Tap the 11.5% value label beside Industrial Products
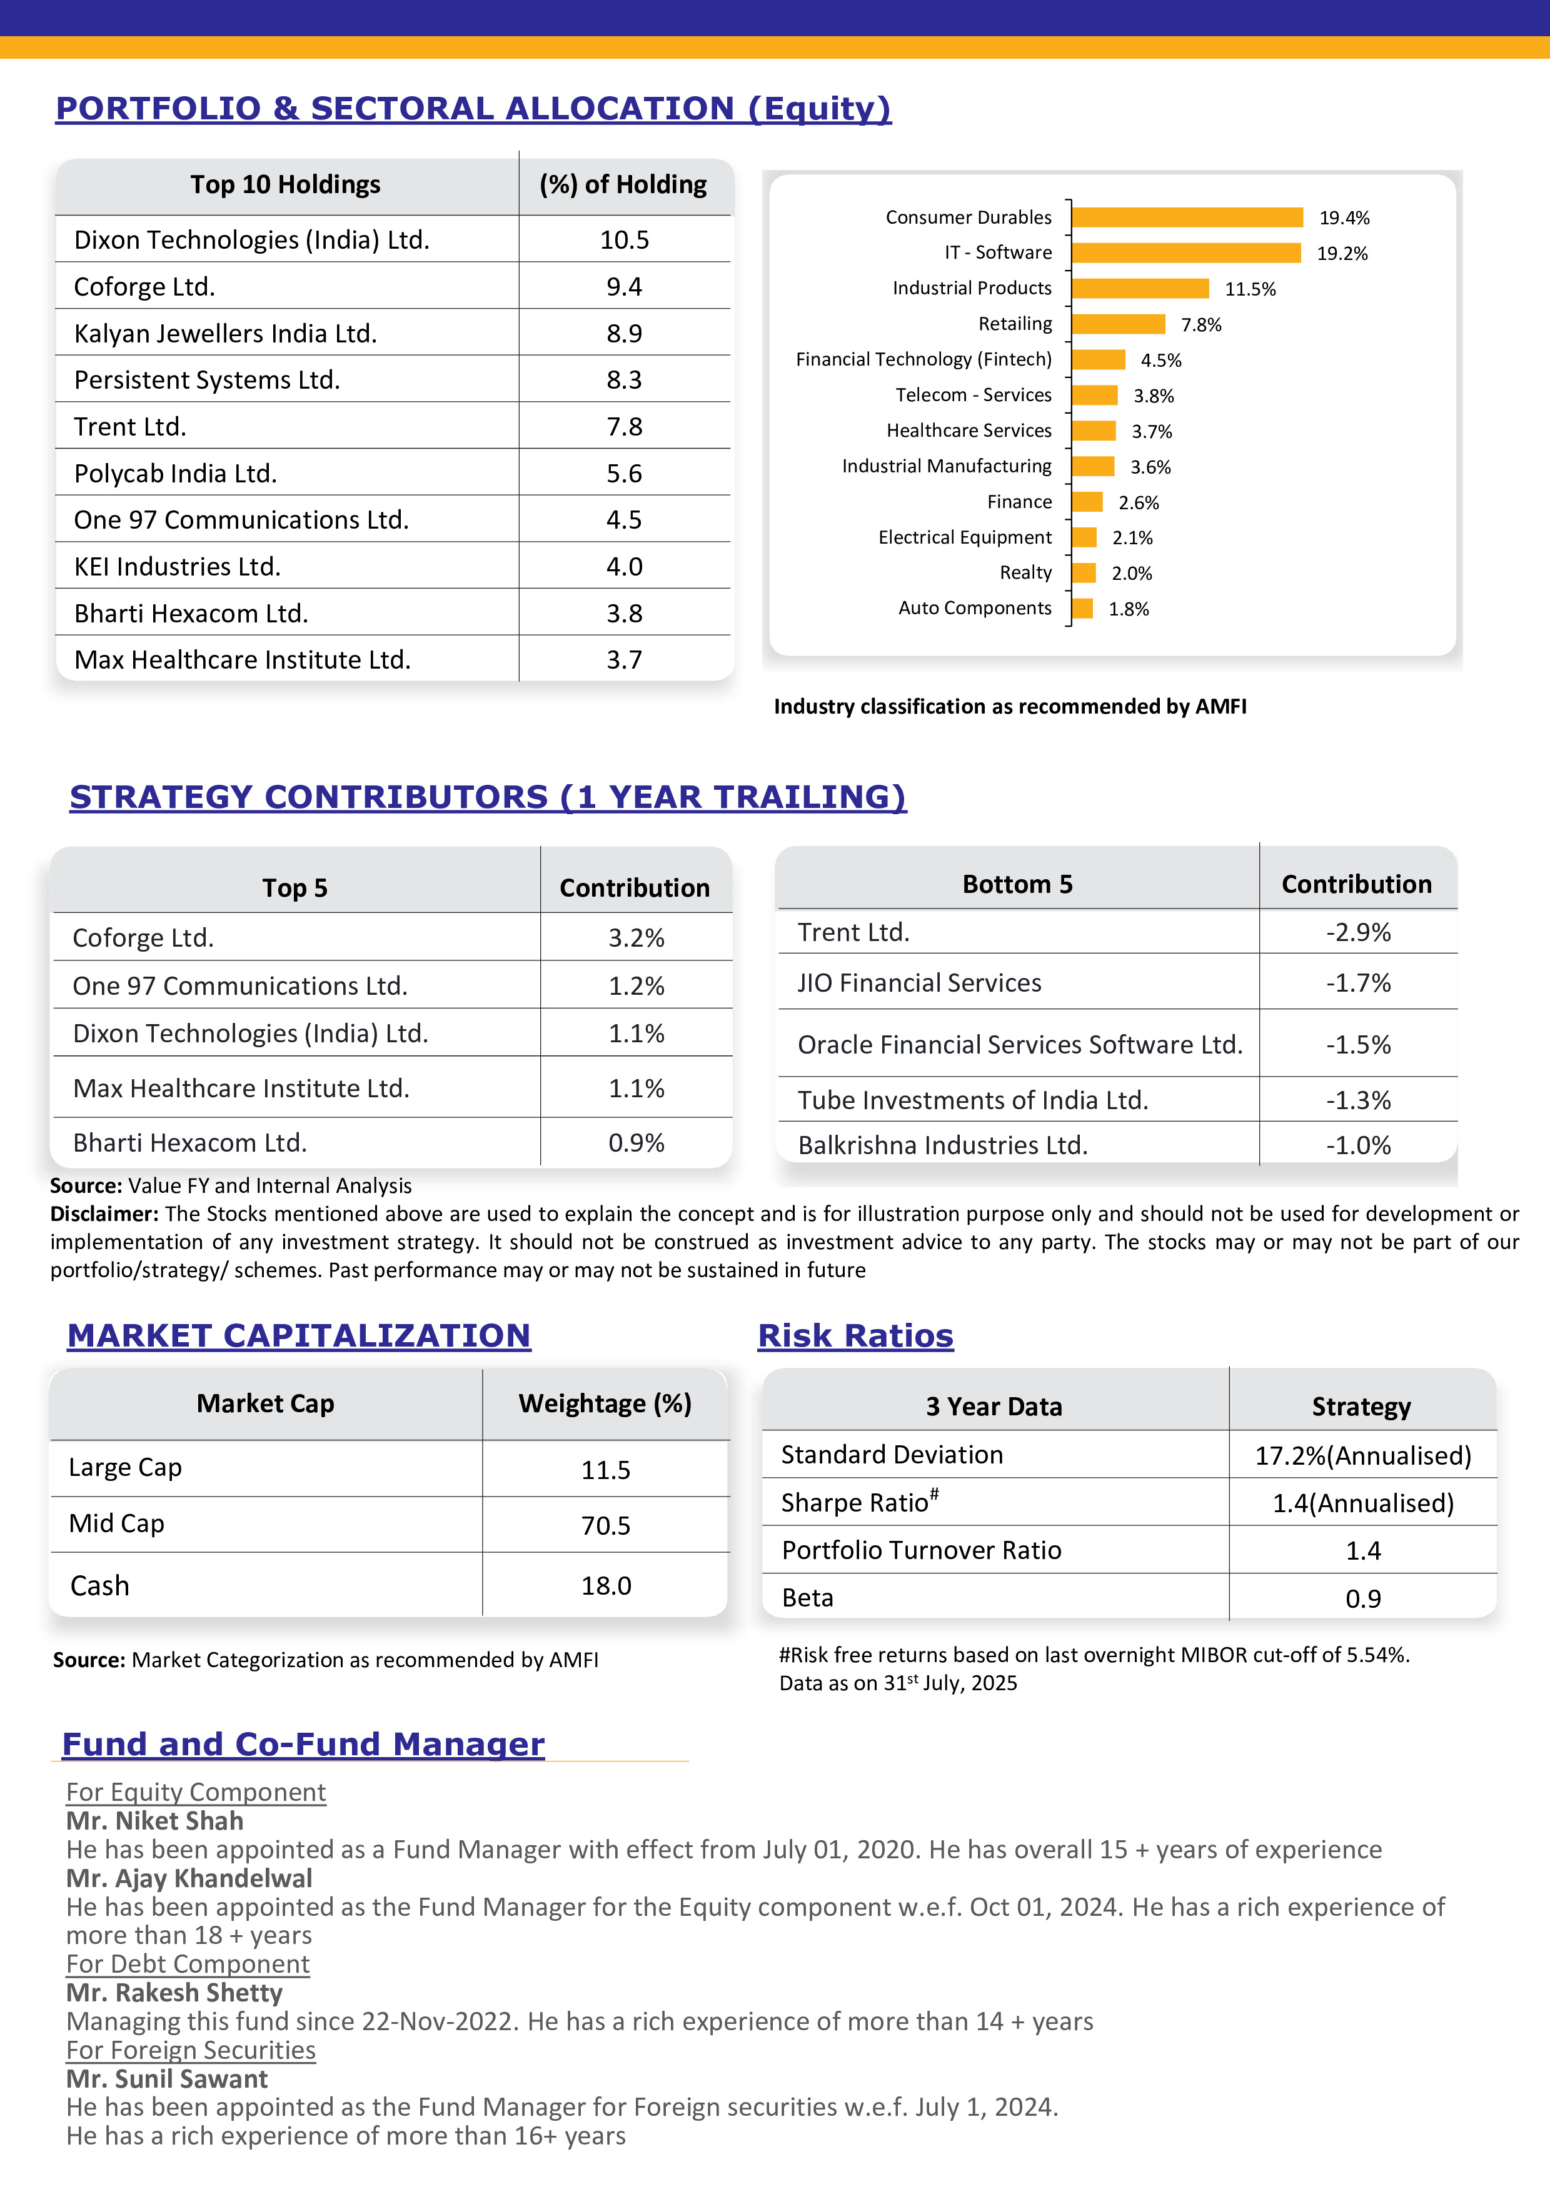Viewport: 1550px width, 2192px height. pyautogui.click(x=1249, y=289)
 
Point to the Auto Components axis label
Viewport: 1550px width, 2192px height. pyautogui.click(x=974, y=608)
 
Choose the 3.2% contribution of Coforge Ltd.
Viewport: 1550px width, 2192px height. pyautogui.click(x=636, y=937)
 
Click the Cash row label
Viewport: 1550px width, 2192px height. pyautogui.click(x=99, y=1586)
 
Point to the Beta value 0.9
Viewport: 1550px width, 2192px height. pyautogui.click(x=1363, y=1598)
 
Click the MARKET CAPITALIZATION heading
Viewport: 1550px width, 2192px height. pyautogui.click(x=298, y=1335)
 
